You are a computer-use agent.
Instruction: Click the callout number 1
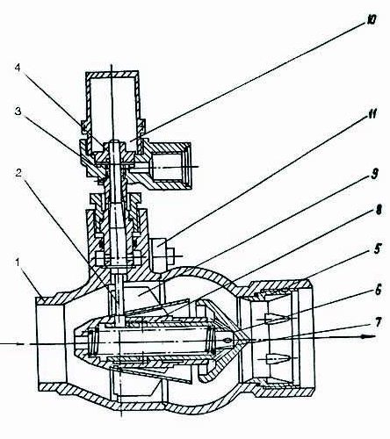[x=18, y=263]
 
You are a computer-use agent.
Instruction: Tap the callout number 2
[x=18, y=173]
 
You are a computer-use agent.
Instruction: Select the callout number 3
[x=18, y=112]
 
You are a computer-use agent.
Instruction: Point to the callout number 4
[x=18, y=68]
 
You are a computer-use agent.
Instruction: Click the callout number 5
[x=378, y=249]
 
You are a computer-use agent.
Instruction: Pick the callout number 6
[x=378, y=291]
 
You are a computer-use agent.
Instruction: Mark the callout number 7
[x=378, y=322]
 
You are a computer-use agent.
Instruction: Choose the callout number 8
[x=379, y=210]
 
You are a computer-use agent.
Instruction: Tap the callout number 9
[x=374, y=174]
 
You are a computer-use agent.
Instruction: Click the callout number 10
[x=370, y=19]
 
